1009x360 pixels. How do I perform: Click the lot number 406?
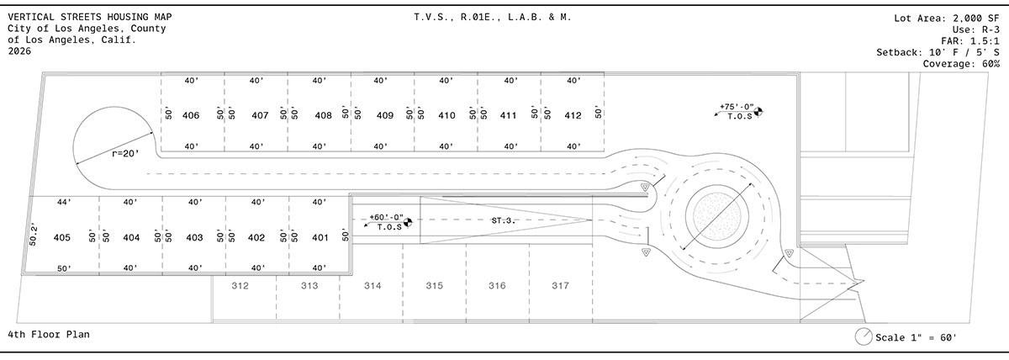click(x=191, y=115)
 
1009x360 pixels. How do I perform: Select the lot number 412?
click(x=573, y=115)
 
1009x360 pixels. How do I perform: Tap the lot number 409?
click(x=385, y=115)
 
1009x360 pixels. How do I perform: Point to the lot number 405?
click(x=61, y=237)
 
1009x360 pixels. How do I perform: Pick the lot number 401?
click(x=320, y=237)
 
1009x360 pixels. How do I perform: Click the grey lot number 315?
click(x=434, y=285)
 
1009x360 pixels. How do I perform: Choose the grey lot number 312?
click(x=240, y=285)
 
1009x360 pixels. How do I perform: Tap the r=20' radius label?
click(x=125, y=154)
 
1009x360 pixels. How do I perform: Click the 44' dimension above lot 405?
click(x=64, y=203)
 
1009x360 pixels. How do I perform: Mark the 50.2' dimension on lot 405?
click(x=33, y=236)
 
